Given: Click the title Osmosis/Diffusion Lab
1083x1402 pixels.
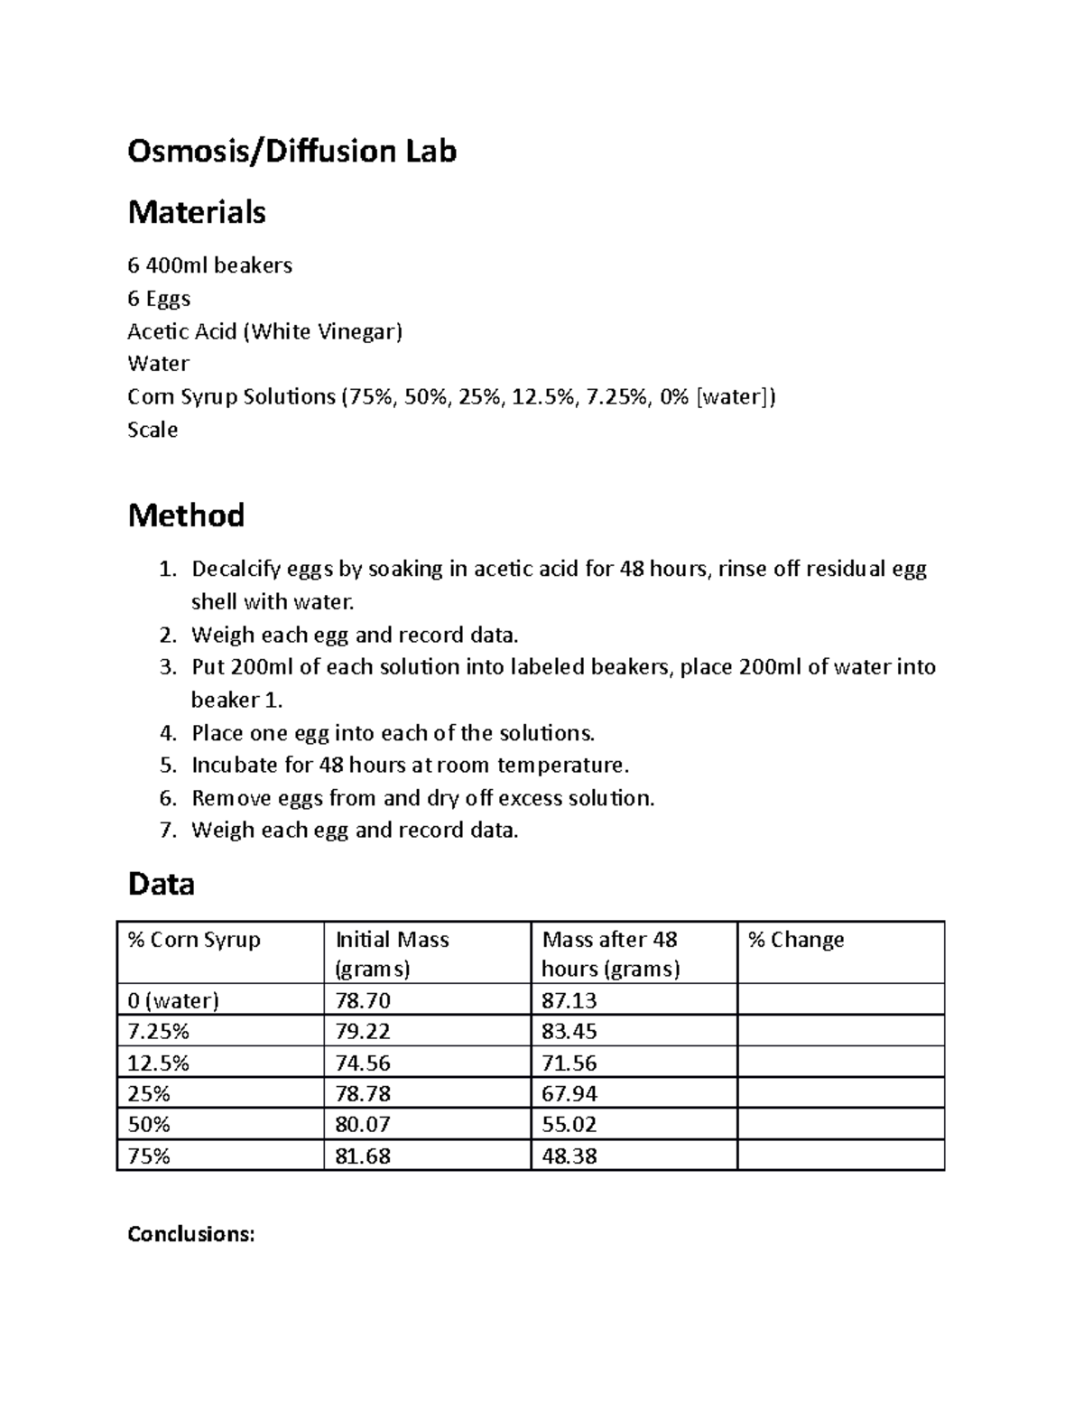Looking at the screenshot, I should (292, 151).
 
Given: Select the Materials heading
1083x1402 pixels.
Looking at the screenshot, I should (197, 212).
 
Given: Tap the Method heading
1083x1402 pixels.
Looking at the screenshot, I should (186, 515).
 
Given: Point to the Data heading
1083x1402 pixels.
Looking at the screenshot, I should (162, 883).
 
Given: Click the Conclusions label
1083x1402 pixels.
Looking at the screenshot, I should (191, 1234).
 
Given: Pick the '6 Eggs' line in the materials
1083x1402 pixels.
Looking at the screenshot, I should (159, 298).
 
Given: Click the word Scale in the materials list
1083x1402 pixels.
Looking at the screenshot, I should (153, 430).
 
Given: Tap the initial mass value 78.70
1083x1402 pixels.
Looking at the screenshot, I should (363, 1000).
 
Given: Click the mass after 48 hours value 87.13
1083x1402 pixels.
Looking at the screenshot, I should (569, 1000).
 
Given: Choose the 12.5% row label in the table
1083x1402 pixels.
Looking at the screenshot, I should (159, 1063).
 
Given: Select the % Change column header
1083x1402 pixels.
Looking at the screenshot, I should (796, 940).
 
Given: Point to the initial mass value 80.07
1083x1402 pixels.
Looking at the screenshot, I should (363, 1125).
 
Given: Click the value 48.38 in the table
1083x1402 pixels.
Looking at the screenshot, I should (569, 1156).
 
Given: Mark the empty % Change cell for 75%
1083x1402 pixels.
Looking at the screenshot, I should (840, 1156).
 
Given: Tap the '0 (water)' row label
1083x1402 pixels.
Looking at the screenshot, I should (174, 1000).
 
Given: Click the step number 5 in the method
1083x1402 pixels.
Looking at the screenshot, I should (167, 766).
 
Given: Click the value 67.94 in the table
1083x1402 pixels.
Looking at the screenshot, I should (569, 1094).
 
